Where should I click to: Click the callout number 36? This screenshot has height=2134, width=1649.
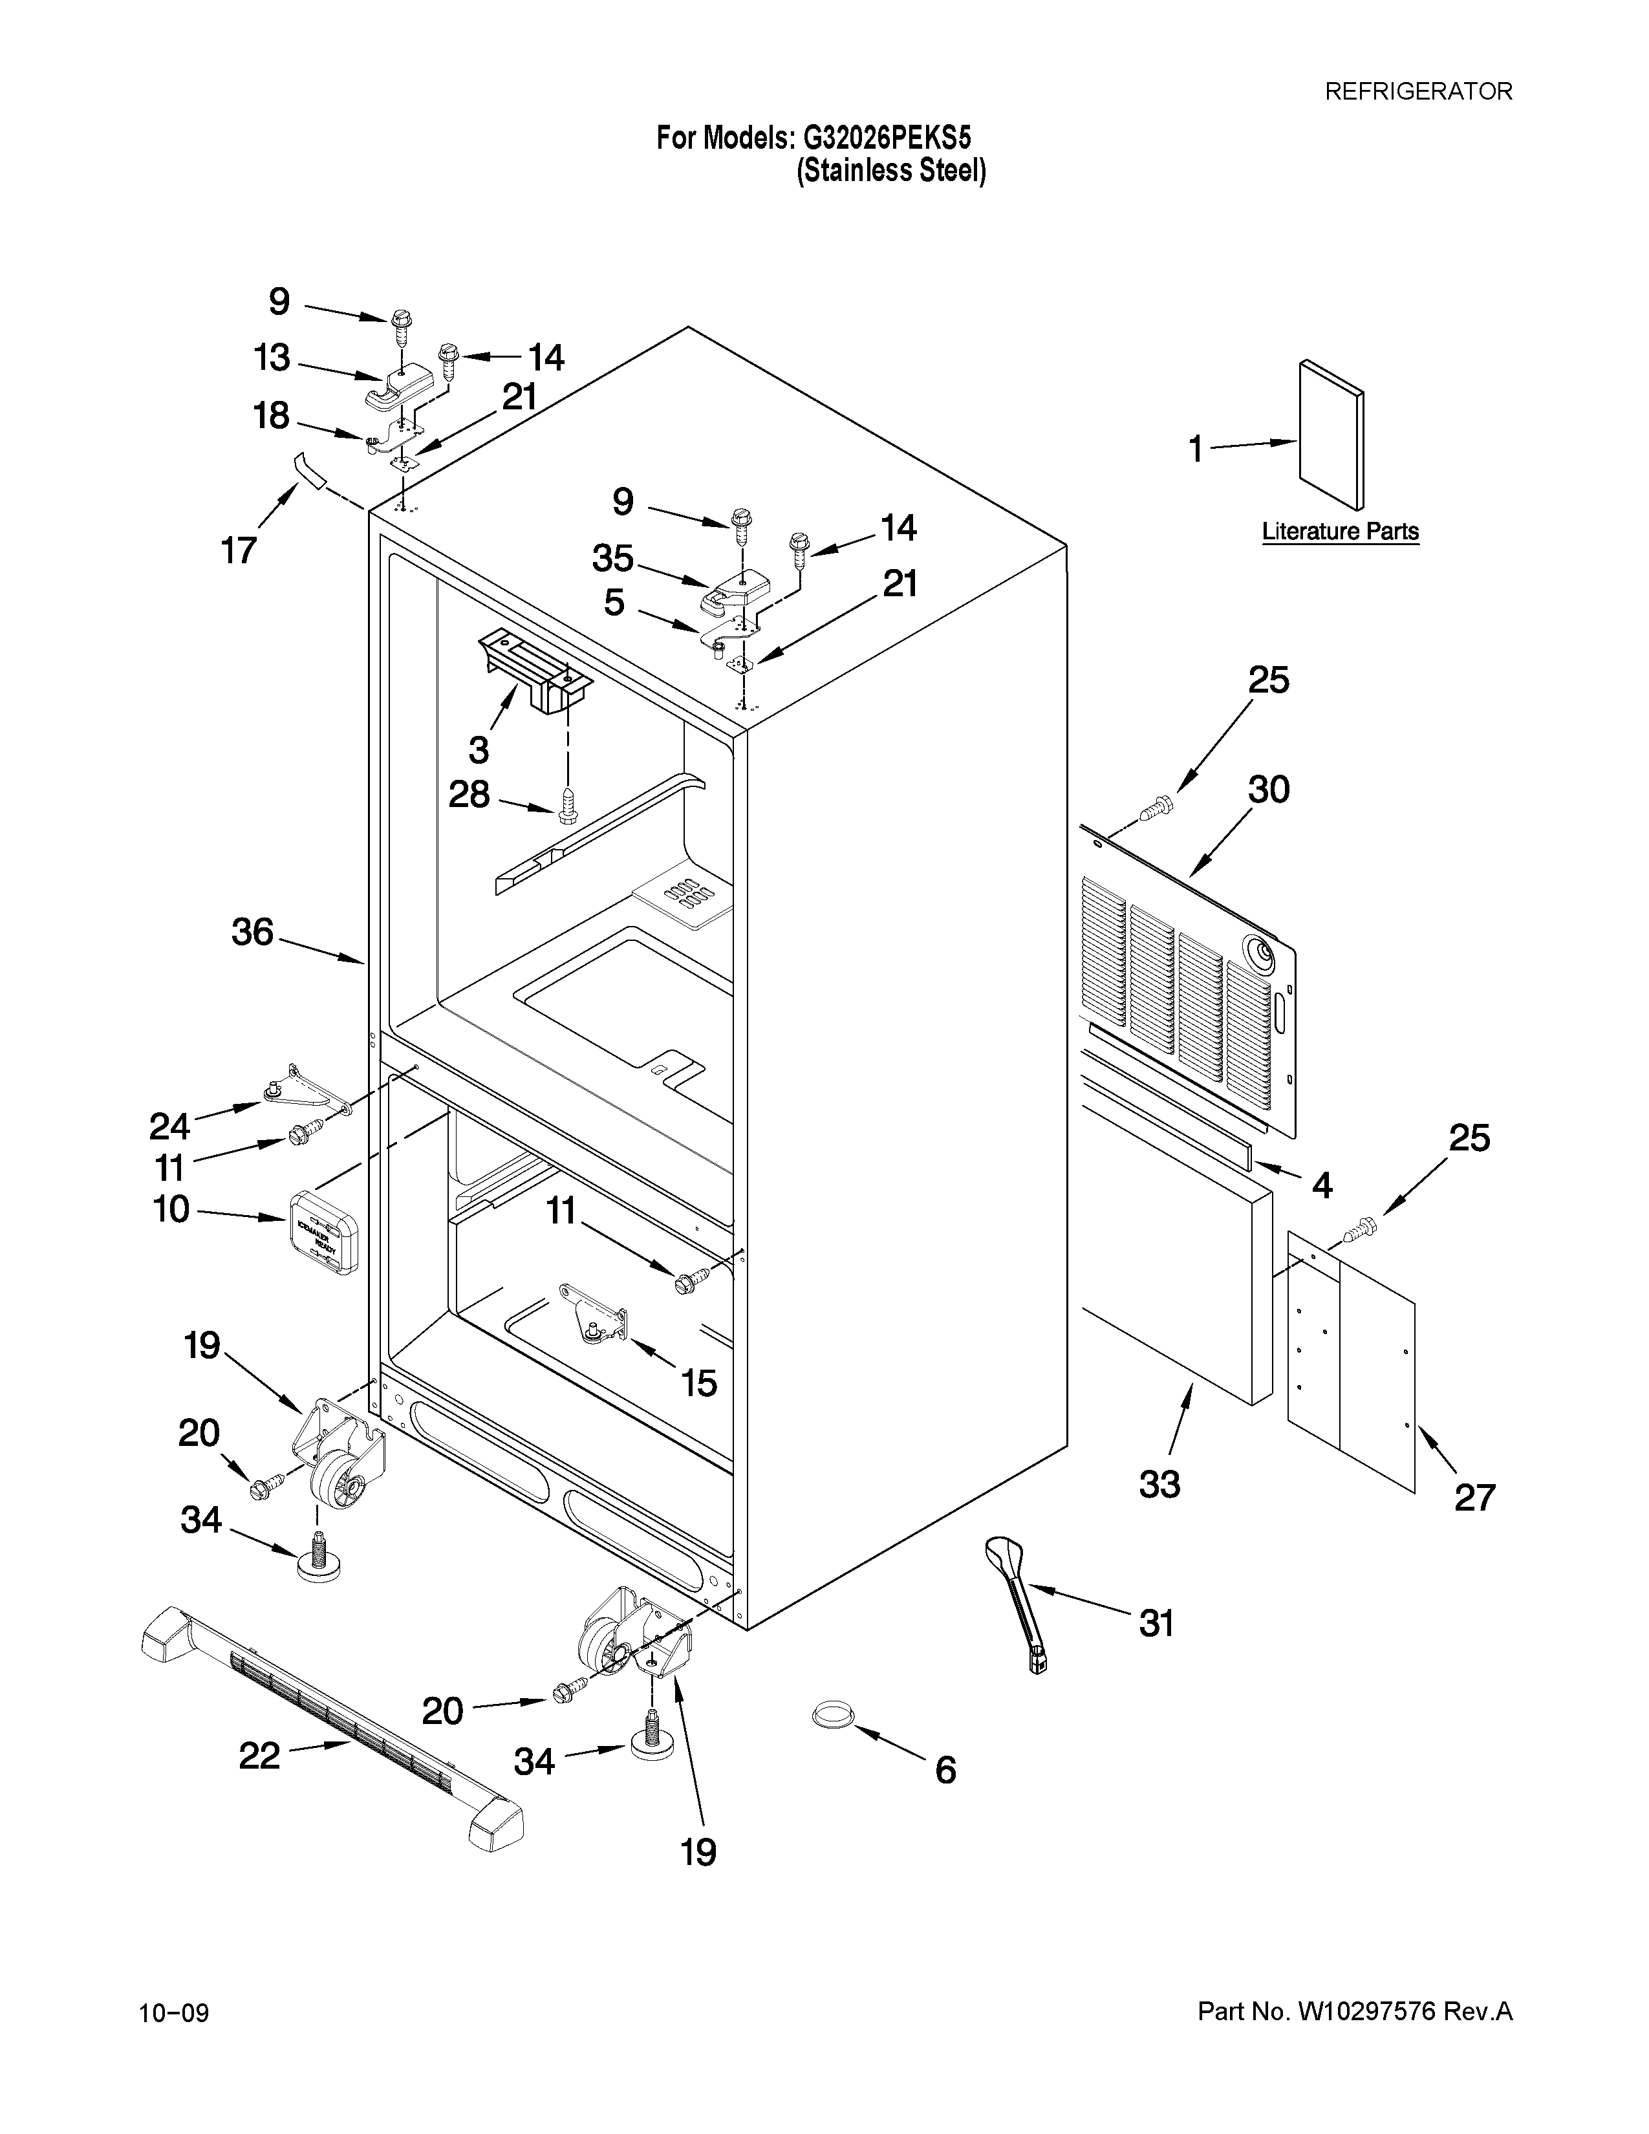252,932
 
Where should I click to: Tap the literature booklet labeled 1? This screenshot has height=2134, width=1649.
1331,435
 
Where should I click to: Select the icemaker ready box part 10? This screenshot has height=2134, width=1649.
323,1231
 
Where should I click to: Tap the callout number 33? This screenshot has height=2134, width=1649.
1159,1484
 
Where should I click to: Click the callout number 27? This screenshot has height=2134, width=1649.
1474,1497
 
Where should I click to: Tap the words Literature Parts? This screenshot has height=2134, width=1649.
1341,532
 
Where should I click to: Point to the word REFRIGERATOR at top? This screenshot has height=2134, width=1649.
1417,92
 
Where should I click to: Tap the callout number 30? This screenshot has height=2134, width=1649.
1268,790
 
